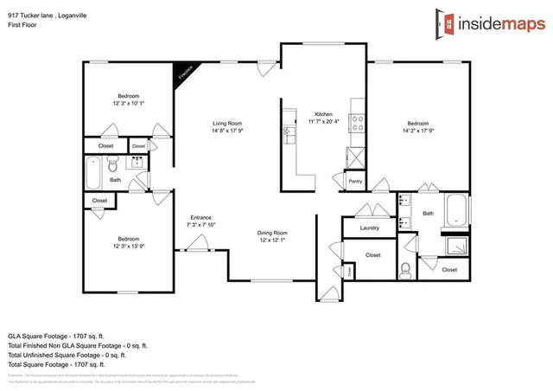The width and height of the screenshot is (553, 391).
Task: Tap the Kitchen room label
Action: click(x=324, y=114)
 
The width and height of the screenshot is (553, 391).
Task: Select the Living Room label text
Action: click(x=227, y=124)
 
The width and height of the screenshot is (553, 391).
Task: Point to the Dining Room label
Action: click(x=271, y=233)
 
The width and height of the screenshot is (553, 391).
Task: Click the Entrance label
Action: click(x=201, y=217)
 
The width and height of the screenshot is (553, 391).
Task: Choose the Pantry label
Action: click(x=355, y=181)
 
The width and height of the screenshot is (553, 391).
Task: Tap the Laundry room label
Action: click(x=369, y=228)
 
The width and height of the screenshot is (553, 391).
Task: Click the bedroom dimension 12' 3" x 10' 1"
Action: click(x=129, y=103)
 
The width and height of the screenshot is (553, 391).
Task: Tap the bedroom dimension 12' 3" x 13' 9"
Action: click(x=129, y=247)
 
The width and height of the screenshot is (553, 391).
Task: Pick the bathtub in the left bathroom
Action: click(x=94, y=172)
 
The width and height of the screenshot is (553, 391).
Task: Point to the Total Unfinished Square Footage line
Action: click(x=68, y=355)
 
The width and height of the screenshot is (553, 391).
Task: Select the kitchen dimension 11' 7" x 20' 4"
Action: click(x=324, y=122)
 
